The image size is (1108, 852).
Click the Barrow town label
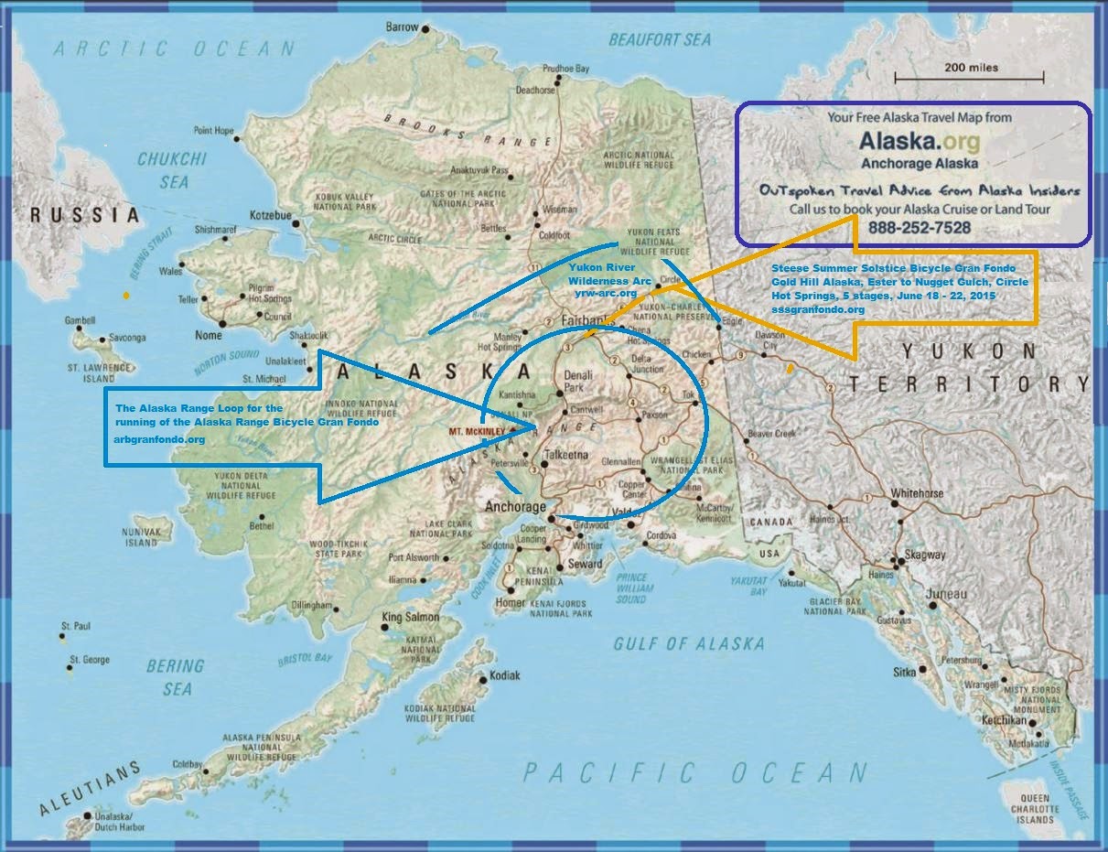coord(402,27)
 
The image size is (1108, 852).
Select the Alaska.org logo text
coord(919,141)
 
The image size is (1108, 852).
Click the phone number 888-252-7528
coord(919,227)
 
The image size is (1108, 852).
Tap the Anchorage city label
coord(515,507)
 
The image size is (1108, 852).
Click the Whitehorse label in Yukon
coord(917,493)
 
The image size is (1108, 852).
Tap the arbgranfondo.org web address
coord(159,439)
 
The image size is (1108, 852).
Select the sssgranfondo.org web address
coord(817,309)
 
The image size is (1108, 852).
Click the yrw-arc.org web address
coord(605,293)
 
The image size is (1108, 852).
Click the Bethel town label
coord(261,526)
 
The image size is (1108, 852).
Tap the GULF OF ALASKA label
coord(688,643)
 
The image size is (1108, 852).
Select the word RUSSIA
coord(84,216)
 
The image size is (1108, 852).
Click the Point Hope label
coord(212,130)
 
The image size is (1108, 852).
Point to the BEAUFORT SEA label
coord(659,39)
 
